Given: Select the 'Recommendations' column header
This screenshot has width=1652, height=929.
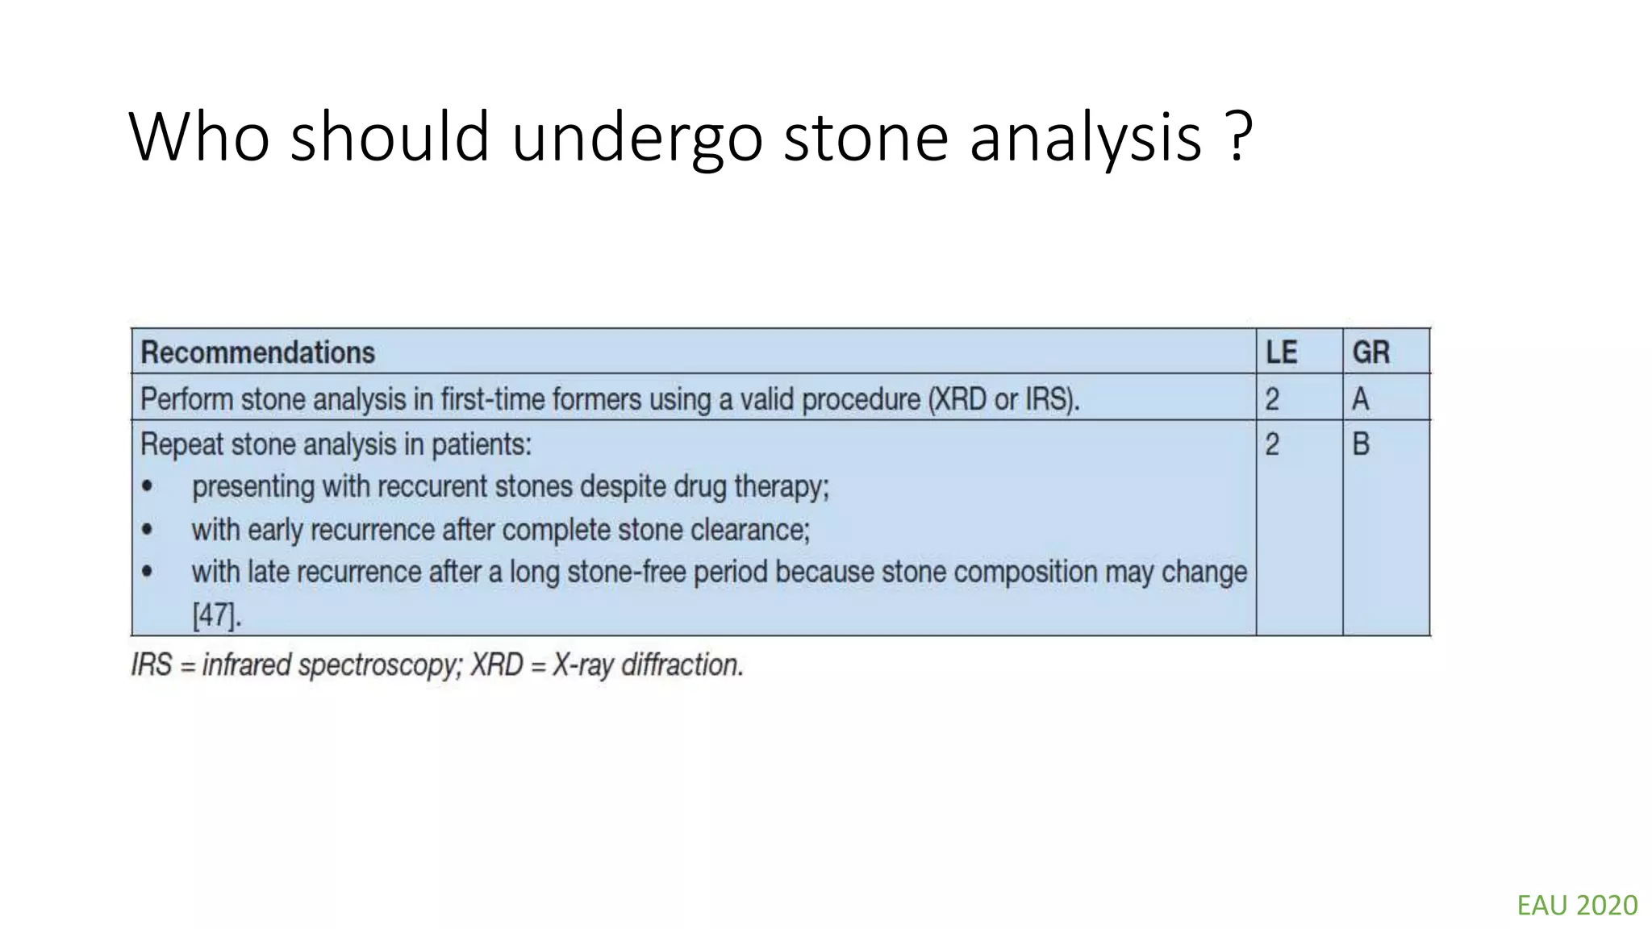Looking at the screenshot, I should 257,352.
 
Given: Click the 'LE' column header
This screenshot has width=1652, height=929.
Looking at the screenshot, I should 1281,352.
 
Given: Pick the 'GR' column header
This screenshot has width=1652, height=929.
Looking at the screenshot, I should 1370,352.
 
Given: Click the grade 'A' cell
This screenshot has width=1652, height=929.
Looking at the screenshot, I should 1360,399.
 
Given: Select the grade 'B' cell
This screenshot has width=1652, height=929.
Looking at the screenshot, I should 1360,444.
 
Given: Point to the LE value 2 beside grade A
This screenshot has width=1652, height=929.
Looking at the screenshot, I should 1272,399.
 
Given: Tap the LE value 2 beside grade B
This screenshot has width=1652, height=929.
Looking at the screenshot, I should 1272,444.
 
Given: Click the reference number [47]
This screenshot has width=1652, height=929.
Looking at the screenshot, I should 216,615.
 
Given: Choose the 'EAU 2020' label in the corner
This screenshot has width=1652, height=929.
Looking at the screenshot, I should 1577,906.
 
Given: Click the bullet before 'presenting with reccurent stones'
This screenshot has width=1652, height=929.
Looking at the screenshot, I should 147,486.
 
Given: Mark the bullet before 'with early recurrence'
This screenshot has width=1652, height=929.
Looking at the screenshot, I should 147,530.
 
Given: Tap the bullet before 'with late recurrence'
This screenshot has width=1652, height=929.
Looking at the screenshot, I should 147,572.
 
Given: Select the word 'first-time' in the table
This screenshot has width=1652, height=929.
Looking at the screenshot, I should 493,399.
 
